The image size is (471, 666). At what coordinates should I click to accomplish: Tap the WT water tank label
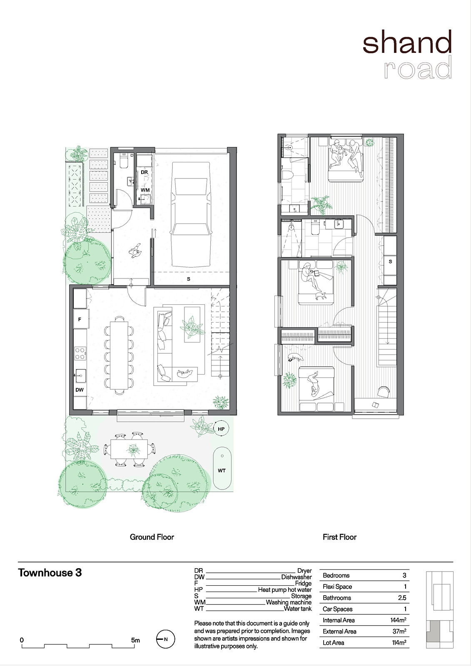(x=222, y=471)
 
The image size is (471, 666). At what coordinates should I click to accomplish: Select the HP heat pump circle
(x=221, y=429)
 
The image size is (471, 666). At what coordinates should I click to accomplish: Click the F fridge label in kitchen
(x=80, y=319)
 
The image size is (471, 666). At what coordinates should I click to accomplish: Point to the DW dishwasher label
(x=80, y=390)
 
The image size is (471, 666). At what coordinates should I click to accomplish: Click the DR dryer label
(x=145, y=172)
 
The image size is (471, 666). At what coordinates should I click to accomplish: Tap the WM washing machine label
(x=145, y=190)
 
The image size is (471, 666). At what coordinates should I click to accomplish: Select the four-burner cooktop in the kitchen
(x=80, y=354)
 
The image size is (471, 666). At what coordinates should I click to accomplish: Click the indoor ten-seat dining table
(x=119, y=355)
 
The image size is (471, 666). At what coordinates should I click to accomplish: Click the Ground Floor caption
(x=152, y=537)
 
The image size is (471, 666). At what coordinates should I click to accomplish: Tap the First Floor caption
(x=339, y=537)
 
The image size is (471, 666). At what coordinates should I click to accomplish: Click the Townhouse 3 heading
(x=50, y=573)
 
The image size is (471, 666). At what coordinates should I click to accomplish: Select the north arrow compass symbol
(x=166, y=639)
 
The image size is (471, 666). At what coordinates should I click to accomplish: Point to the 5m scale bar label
(x=135, y=640)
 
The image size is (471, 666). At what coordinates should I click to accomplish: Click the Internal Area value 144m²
(x=398, y=620)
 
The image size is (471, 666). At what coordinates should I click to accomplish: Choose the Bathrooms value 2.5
(x=402, y=598)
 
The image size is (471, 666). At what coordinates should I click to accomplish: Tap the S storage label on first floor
(x=390, y=261)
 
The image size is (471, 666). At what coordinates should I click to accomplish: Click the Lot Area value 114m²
(x=399, y=643)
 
